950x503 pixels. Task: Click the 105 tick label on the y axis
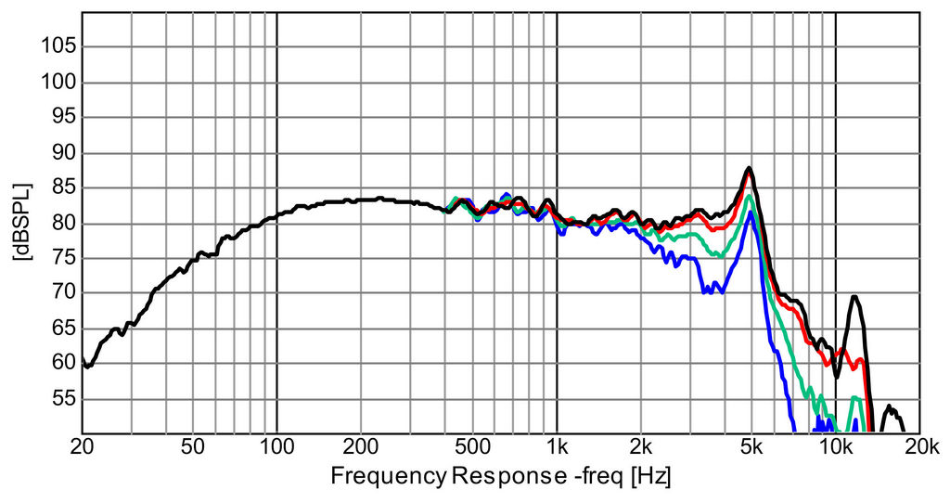(x=58, y=47)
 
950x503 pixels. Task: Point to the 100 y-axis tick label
(x=58, y=83)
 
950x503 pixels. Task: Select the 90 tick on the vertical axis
(x=61, y=153)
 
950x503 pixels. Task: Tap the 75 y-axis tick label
(x=61, y=258)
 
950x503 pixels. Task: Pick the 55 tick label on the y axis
(x=61, y=399)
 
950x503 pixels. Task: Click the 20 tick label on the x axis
(x=82, y=446)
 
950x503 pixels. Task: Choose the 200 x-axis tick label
(x=361, y=446)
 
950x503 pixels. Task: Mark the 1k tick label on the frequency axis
(x=557, y=446)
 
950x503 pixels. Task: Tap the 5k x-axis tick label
(x=751, y=446)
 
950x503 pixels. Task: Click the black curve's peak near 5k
(x=748, y=168)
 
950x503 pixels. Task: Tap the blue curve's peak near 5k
(x=751, y=213)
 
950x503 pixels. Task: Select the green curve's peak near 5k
(x=750, y=196)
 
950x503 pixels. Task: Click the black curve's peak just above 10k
(x=854, y=297)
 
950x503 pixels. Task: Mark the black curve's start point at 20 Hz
(x=83, y=360)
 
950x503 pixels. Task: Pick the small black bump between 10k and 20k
(x=889, y=406)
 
